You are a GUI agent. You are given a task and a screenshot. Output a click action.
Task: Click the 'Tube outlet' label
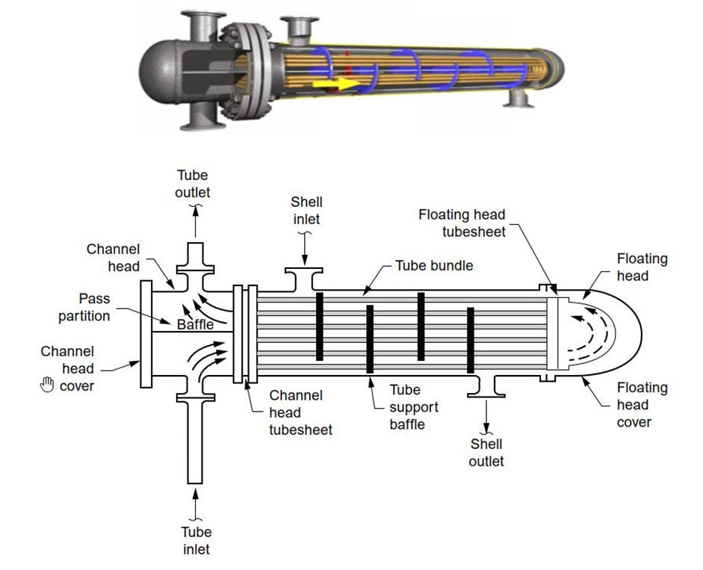[x=193, y=184]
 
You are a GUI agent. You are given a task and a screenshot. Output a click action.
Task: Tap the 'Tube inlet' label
[x=196, y=540]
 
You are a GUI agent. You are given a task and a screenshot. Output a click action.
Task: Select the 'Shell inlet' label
[x=306, y=210]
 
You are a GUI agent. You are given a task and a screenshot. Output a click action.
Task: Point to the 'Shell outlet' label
[x=486, y=453]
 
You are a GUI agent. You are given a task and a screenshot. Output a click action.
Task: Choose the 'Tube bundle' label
[x=434, y=266]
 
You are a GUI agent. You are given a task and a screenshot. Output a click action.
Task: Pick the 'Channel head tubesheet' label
[x=296, y=412]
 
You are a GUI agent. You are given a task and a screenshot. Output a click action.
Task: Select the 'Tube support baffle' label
[x=407, y=407]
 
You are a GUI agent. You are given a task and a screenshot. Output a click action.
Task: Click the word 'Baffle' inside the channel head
[x=196, y=325]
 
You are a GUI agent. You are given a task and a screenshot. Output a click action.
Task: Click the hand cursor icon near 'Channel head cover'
[x=48, y=384]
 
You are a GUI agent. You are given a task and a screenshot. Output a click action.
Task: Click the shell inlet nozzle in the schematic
[x=303, y=278]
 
